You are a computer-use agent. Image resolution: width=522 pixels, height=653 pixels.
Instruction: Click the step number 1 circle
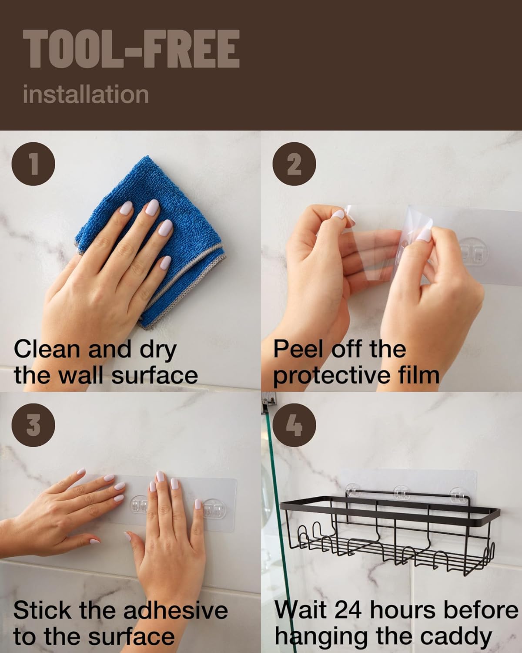click(33, 164)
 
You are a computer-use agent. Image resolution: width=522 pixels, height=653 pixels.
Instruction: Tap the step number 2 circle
click(294, 164)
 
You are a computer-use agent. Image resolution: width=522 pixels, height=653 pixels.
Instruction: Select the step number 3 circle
click(33, 425)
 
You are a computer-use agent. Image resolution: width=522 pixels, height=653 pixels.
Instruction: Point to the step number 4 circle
click(294, 425)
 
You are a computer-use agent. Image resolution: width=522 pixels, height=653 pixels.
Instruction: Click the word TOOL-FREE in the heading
click(131, 49)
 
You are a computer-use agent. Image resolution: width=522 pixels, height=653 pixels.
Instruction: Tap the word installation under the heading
click(86, 94)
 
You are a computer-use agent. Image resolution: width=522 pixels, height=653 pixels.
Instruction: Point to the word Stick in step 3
click(42, 610)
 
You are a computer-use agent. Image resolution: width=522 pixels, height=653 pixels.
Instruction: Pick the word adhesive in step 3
click(176, 610)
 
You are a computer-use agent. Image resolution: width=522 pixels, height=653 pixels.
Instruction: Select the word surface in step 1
click(155, 375)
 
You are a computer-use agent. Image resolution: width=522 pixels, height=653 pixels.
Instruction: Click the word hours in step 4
click(402, 610)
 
